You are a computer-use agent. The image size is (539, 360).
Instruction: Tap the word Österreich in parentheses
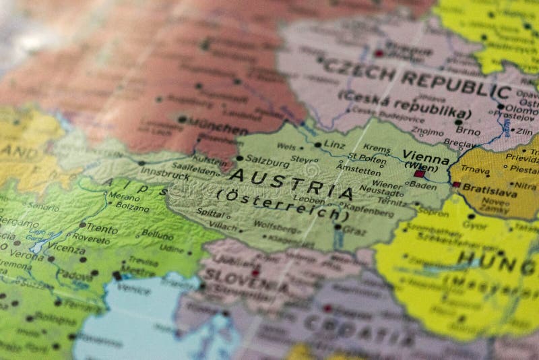[283, 205]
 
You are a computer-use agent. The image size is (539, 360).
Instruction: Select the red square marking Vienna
[419, 174]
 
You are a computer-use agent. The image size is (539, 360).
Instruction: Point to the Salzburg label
[262, 159]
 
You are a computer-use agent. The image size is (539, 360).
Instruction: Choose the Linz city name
[334, 145]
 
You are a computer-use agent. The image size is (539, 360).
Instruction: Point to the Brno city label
[468, 131]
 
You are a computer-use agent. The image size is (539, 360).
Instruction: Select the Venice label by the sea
[133, 287]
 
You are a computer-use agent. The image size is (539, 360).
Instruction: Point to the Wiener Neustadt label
[387, 188]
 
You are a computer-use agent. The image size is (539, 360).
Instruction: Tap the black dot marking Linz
[317, 145]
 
